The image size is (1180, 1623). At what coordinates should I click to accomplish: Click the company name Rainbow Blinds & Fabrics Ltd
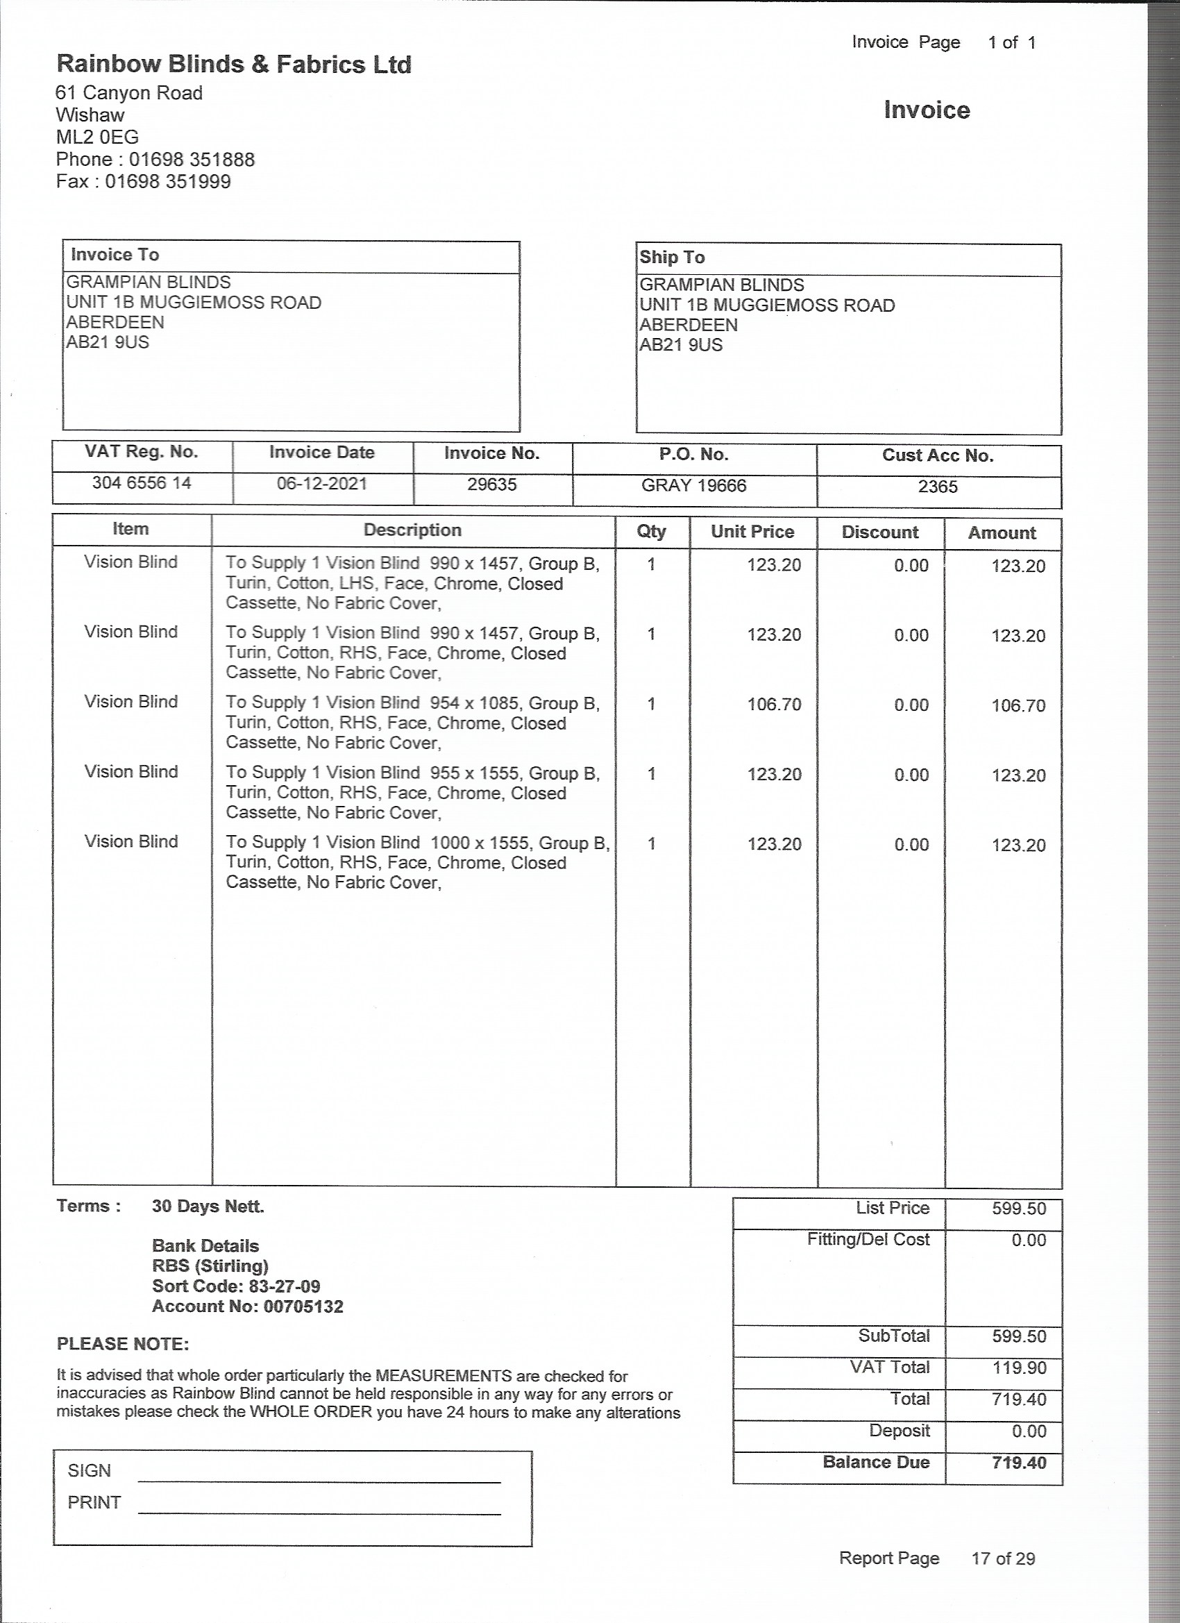(x=234, y=65)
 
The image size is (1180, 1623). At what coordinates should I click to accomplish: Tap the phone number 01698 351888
(x=192, y=160)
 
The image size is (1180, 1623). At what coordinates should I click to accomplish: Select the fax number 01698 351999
(x=168, y=182)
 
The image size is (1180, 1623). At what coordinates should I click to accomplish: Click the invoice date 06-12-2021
(x=322, y=484)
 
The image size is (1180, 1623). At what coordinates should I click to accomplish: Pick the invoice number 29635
(x=492, y=485)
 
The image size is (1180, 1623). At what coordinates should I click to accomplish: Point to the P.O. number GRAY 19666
(x=693, y=486)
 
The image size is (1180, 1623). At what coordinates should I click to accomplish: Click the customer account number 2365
(x=938, y=487)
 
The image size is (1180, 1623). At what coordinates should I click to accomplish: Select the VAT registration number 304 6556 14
(x=142, y=483)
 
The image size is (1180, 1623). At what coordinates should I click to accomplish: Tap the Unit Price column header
(x=752, y=532)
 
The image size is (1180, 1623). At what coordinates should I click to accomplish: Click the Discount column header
(x=879, y=532)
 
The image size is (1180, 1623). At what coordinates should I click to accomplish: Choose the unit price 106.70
(x=774, y=704)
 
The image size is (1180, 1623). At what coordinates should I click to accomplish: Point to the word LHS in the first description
(x=356, y=583)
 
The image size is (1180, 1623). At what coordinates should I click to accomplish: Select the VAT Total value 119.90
(x=1019, y=1368)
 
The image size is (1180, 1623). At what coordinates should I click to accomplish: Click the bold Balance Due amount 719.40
(x=1019, y=1463)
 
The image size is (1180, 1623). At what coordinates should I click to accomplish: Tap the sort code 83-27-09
(x=285, y=1286)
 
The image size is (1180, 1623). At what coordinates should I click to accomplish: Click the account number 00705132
(x=303, y=1306)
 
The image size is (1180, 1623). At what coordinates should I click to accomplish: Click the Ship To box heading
(x=672, y=258)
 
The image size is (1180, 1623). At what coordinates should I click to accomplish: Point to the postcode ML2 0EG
(x=97, y=137)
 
